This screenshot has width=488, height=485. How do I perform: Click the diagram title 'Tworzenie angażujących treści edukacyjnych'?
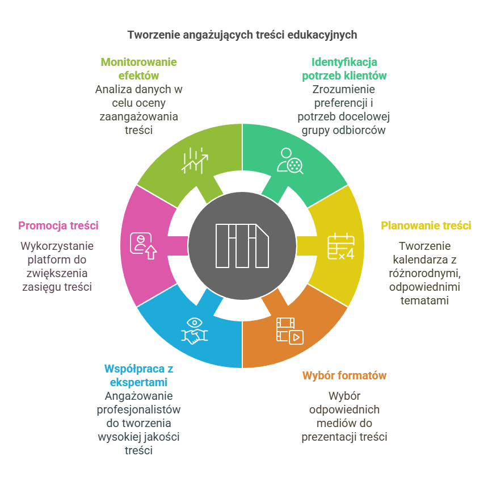click(x=242, y=35)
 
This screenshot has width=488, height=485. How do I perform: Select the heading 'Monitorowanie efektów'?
click(x=139, y=69)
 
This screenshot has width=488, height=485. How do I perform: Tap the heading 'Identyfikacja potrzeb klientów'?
click(x=344, y=69)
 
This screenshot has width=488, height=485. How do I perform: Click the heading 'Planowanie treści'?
click(x=426, y=225)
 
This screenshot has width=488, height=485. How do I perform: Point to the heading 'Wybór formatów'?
click(x=344, y=375)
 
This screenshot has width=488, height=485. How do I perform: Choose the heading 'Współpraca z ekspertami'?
click(x=139, y=375)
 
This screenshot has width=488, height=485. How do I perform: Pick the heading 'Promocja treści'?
click(x=58, y=225)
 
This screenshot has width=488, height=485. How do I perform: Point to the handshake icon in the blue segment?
click(x=195, y=331)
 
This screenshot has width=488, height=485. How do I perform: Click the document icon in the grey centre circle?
click(x=242, y=245)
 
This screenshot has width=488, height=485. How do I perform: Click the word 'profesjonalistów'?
click(x=139, y=409)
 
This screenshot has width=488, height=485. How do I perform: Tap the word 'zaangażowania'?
click(x=139, y=116)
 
